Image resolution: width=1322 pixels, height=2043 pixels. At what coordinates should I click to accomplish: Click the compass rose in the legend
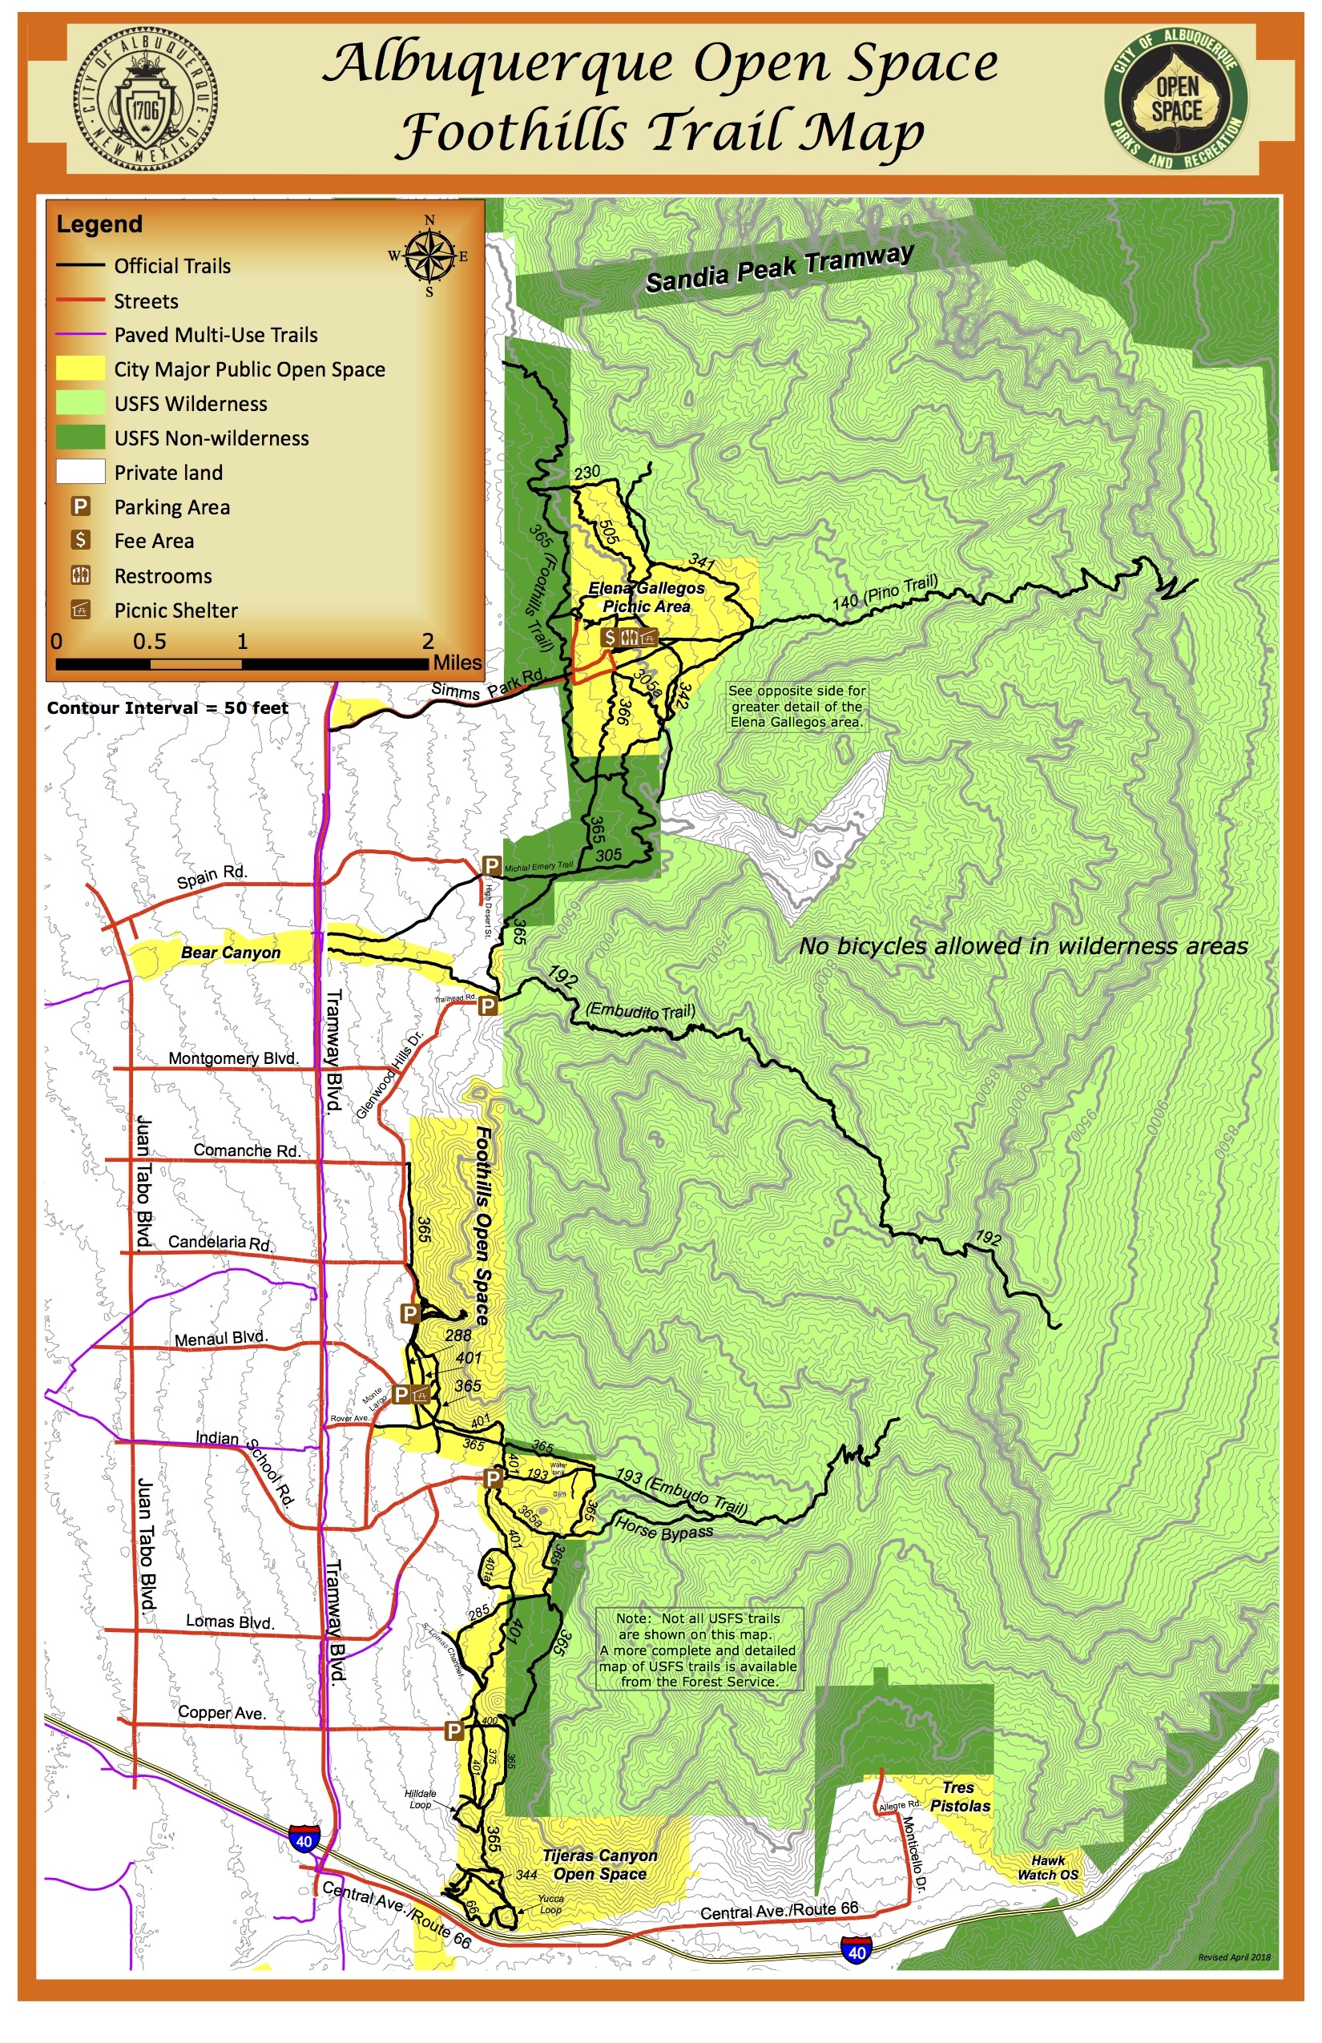point(429,256)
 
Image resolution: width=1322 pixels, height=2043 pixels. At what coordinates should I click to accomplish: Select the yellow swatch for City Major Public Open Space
point(81,369)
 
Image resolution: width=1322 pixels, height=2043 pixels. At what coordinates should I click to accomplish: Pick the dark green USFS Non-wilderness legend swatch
point(81,437)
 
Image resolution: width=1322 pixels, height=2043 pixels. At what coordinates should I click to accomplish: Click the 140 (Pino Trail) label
point(885,592)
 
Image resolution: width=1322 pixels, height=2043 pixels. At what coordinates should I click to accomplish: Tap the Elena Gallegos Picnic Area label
point(647,598)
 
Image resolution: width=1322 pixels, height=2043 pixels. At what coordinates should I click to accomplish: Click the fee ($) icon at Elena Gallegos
point(609,637)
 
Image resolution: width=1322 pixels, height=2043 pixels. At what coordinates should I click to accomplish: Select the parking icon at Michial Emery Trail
point(492,865)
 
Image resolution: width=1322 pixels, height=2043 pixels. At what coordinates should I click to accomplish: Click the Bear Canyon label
point(230,953)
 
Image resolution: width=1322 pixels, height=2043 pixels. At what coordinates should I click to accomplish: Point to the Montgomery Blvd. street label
point(232,1058)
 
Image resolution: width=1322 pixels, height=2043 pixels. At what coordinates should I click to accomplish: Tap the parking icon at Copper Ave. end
point(453,1730)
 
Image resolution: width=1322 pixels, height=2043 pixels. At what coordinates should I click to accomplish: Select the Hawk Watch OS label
point(1047,1867)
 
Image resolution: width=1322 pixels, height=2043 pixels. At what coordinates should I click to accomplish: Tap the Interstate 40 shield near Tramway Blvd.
point(304,1840)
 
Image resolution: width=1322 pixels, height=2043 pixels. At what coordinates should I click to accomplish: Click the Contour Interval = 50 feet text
point(167,708)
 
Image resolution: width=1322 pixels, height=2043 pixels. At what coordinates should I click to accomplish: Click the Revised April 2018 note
point(1234,1957)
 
